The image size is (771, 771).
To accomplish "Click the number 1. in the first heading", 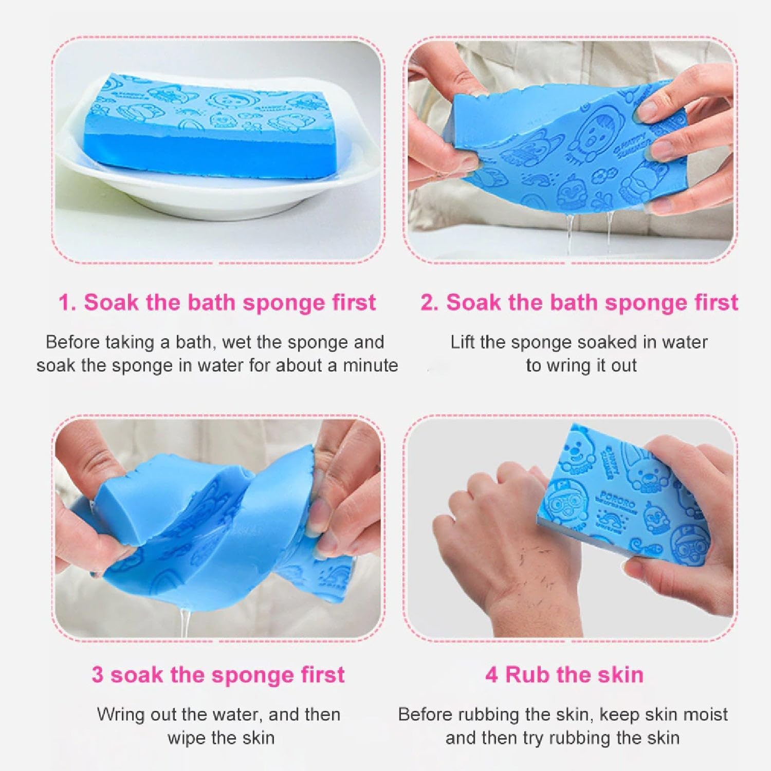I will (67, 303).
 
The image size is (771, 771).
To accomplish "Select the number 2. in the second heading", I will (429, 303).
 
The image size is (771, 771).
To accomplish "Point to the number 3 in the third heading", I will (97, 675).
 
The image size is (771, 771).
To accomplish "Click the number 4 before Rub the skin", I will (491, 675).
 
